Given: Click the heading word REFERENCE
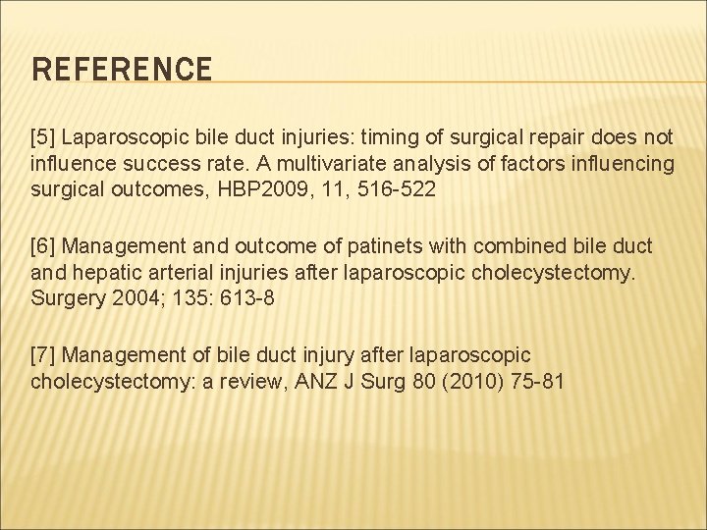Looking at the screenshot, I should tap(122, 70).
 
